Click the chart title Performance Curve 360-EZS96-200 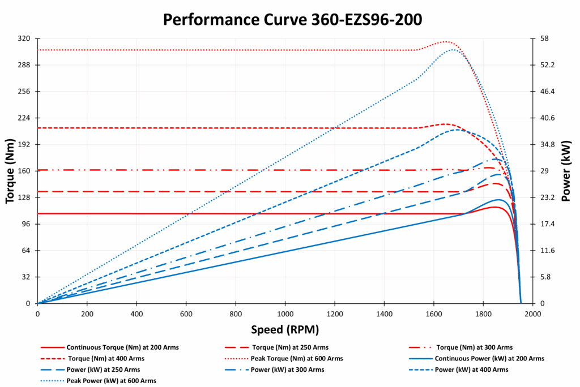(x=292, y=19)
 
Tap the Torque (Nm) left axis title (x=10, y=170)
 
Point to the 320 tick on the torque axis (x=25, y=38)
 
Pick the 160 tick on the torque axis (x=25, y=171)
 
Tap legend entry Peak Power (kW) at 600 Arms (x=111, y=381)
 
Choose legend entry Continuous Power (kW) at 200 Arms (x=489, y=359)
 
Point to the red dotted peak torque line (x=227, y=50)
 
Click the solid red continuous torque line (x=227, y=213)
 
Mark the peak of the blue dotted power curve (x=453, y=49)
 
